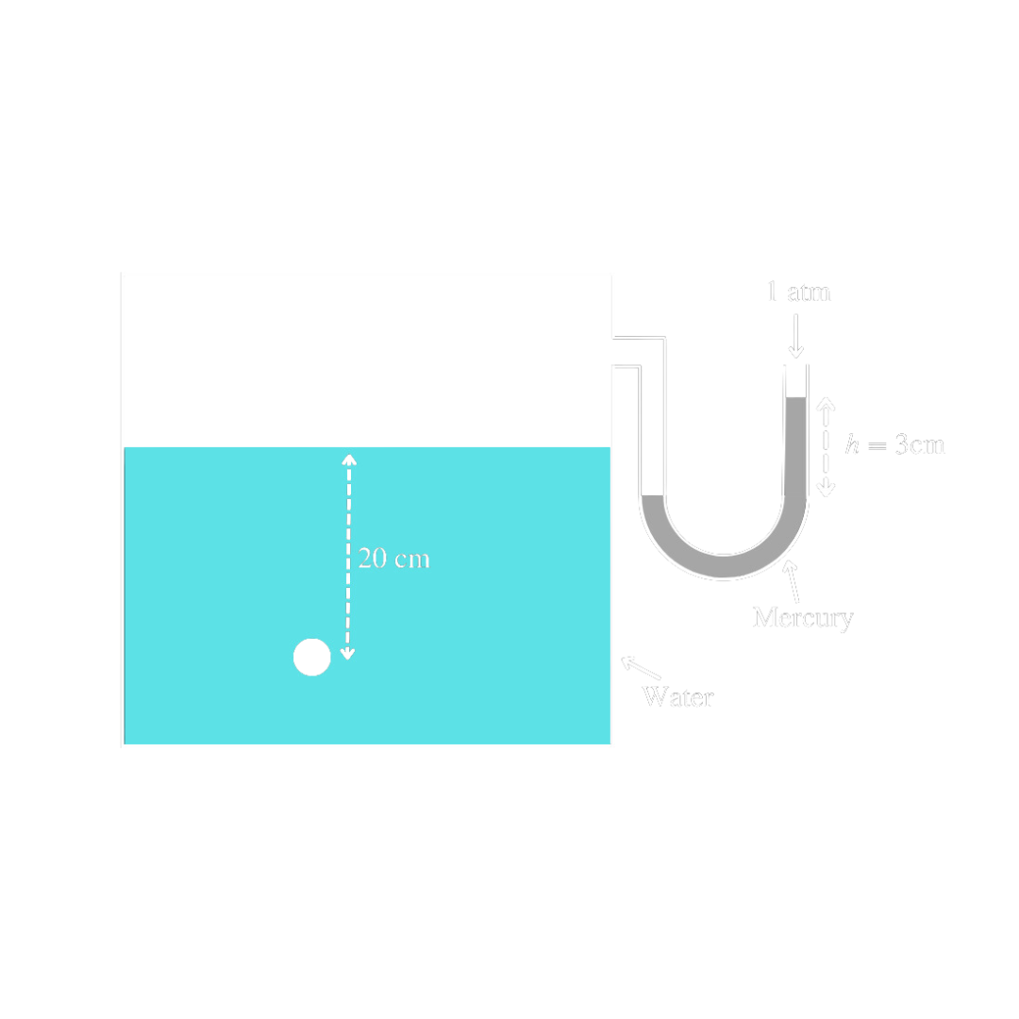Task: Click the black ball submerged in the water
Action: (x=312, y=657)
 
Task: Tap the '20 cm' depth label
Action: (x=394, y=559)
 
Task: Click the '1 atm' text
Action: (x=798, y=292)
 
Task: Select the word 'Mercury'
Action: (x=802, y=618)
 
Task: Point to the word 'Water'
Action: (x=677, y=697)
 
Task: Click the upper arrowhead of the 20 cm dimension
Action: (x=349, y=459)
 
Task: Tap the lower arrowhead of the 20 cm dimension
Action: (x=348, y=653)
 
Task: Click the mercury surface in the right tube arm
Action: (x=796, y=398)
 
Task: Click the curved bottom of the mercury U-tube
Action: (x=725, y=566)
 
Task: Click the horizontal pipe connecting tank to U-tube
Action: (x=640, y=351)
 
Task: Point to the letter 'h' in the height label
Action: (x=852, y=444)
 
